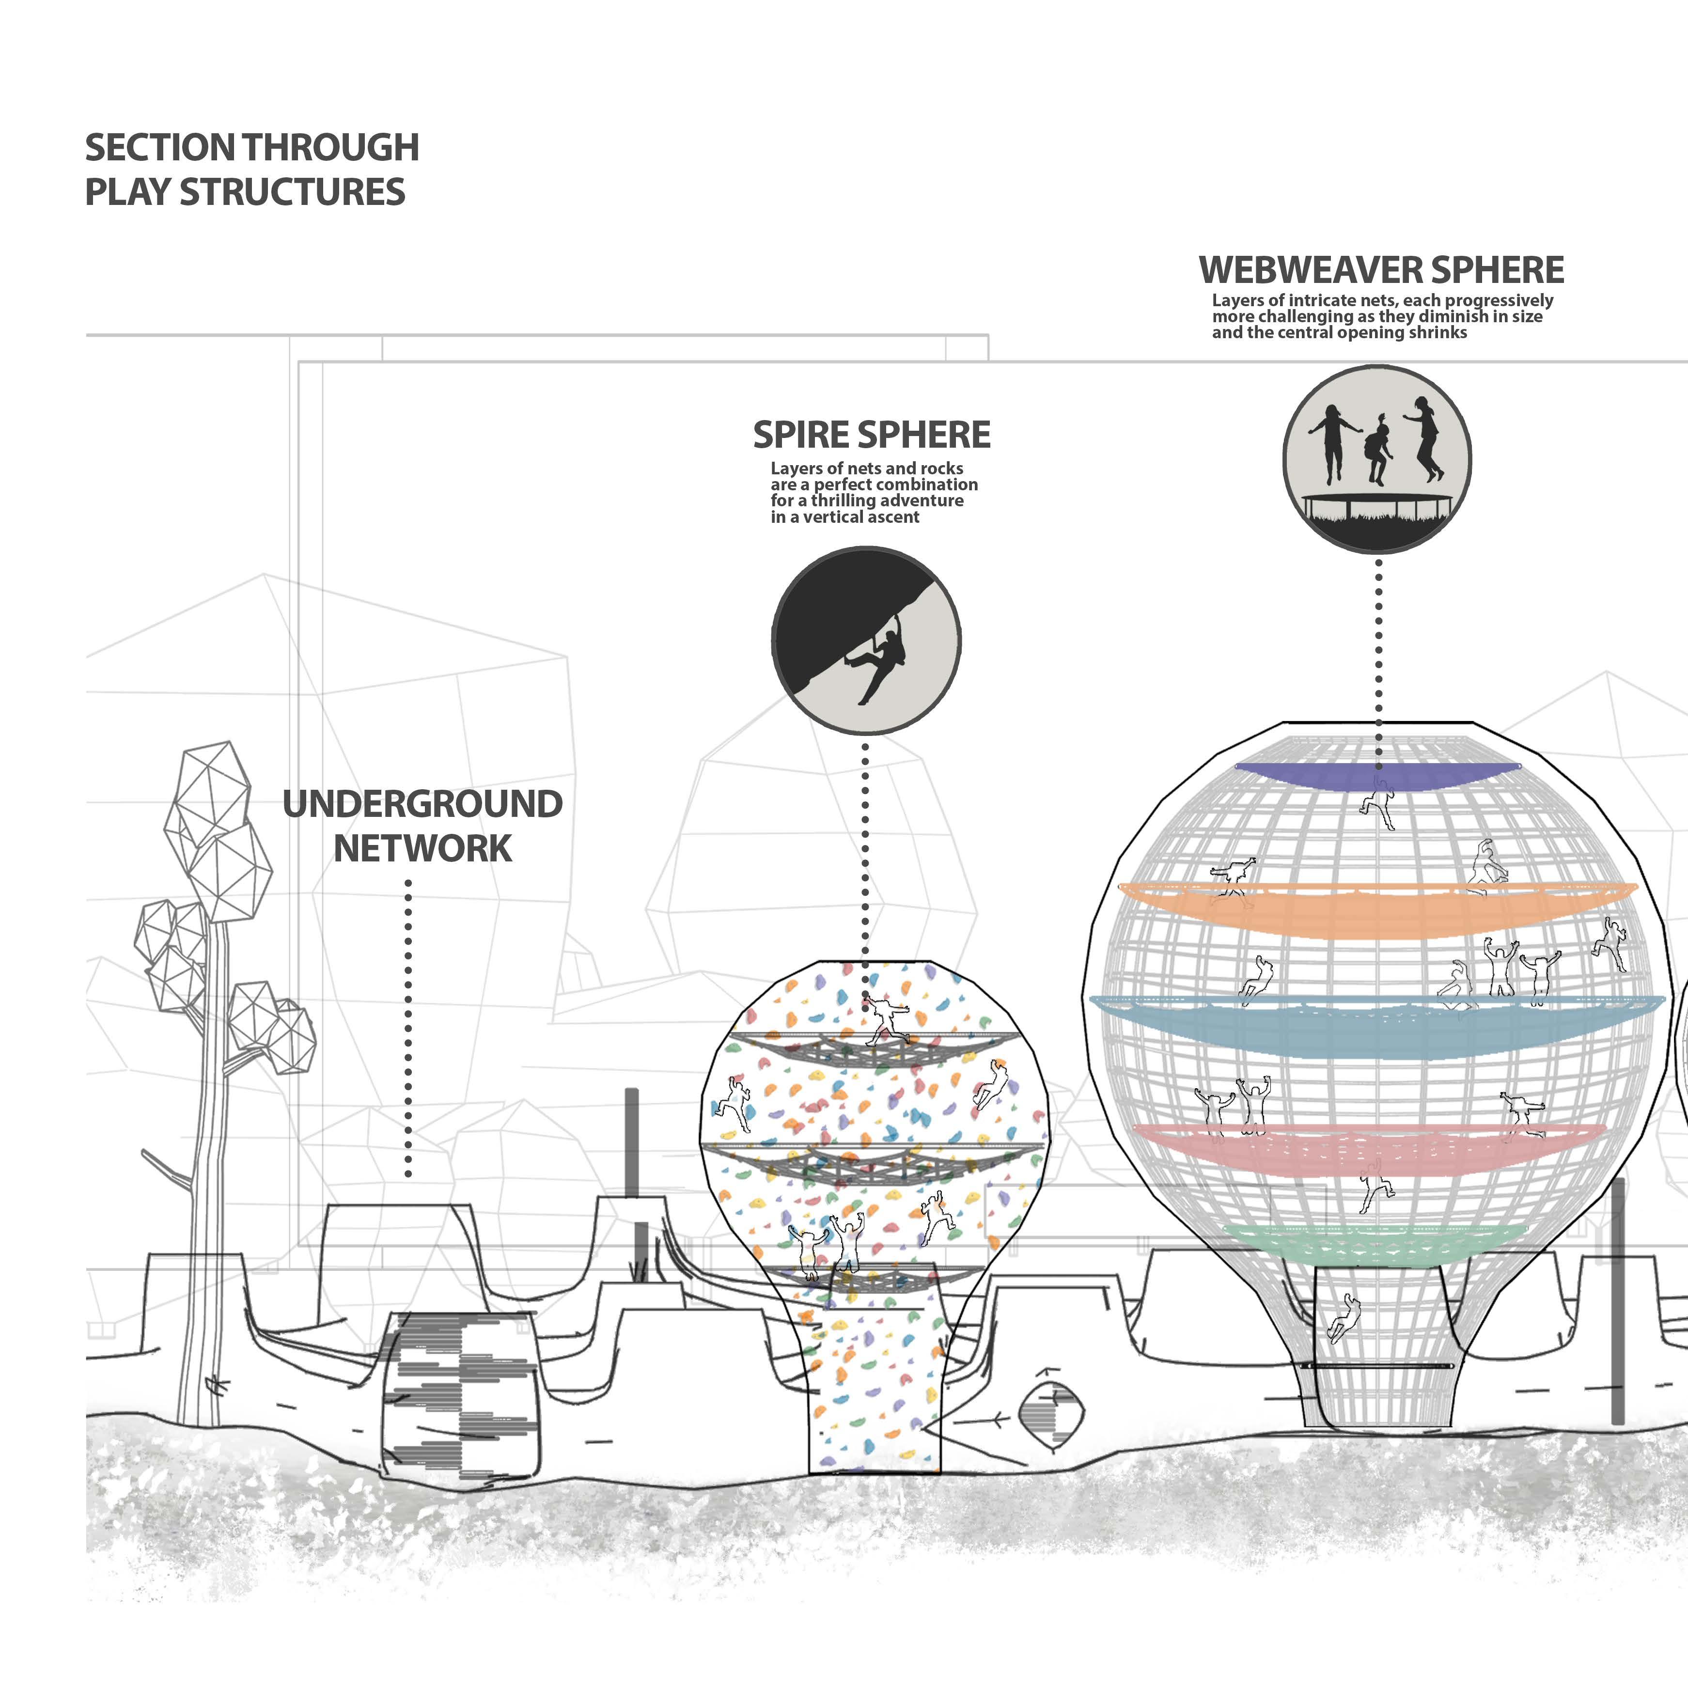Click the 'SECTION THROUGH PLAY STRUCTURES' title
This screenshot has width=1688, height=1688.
pos(251,170)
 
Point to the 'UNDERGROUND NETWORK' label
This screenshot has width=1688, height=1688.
pos(422,826)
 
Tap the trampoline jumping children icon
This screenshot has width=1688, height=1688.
pos(1377,459)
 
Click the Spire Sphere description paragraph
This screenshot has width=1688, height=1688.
pos(873,493)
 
